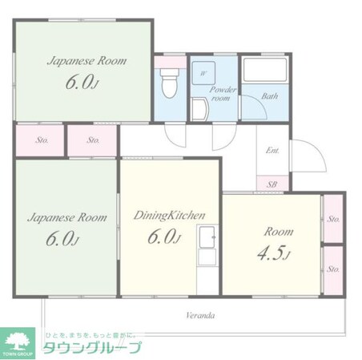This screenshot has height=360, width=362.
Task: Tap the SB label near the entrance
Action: [271, 184]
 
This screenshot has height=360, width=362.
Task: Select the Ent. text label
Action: [272, 151]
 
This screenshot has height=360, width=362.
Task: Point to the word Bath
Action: [270, 96]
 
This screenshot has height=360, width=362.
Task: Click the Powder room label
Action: [220, 95]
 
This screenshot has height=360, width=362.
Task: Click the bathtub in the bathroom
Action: [267, 72]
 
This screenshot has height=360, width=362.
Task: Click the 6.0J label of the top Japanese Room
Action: [84, 83]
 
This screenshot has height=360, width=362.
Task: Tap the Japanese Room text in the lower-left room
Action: [66, 216]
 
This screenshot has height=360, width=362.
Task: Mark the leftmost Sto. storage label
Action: [41, 140]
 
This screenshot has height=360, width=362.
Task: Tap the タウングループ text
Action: [90, 347]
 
